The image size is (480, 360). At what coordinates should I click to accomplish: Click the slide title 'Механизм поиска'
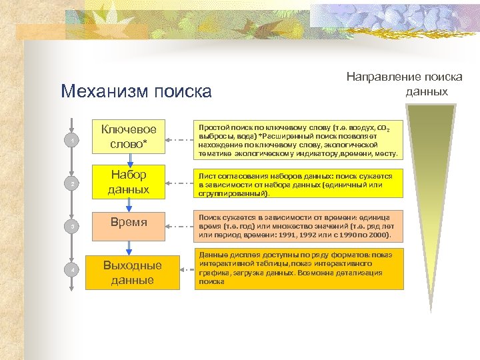pos(135,91)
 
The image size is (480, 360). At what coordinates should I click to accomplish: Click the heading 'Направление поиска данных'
pos(404,84)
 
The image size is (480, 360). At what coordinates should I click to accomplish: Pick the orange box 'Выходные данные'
pos(133,272)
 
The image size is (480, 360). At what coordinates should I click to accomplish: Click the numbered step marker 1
pos(69,140)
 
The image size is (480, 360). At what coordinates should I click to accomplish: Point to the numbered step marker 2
pos(69,183)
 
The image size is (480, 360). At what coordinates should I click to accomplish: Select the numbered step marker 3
pos(69,227)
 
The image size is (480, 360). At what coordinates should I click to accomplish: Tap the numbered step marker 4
pos(69,269)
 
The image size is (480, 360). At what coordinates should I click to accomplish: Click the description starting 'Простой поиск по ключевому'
pos(298,140)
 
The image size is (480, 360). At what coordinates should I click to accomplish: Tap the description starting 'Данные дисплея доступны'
pos(298,269)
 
